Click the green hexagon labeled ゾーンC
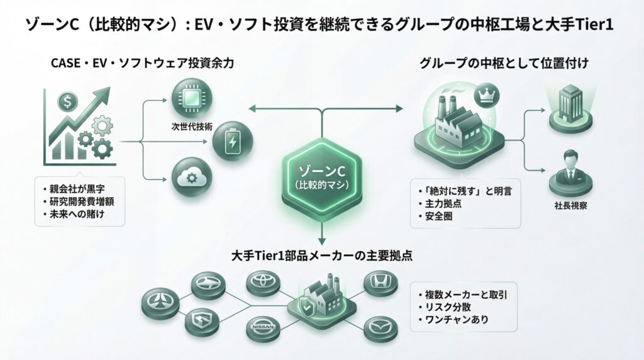tap(321, 177)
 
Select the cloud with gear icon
tap(189, 178)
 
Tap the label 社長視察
tap(571, 205)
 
